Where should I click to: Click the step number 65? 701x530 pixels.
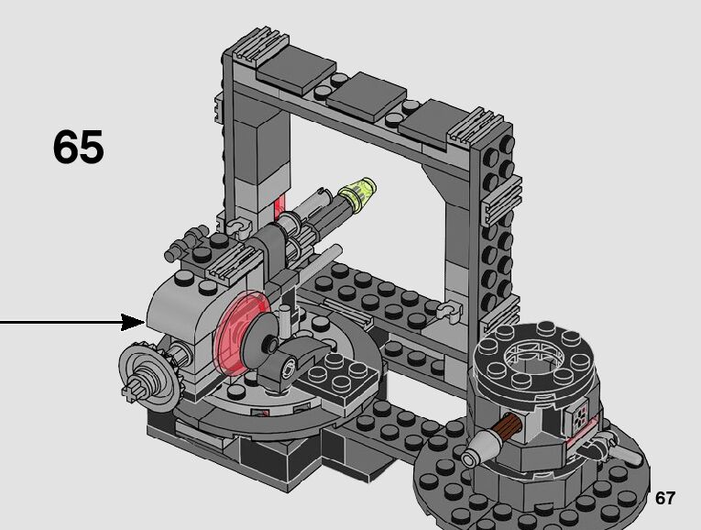point(79,146)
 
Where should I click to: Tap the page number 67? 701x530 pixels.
point(664,498)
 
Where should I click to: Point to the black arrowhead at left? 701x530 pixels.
point(133,322)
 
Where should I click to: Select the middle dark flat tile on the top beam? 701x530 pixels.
point(367,96)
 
